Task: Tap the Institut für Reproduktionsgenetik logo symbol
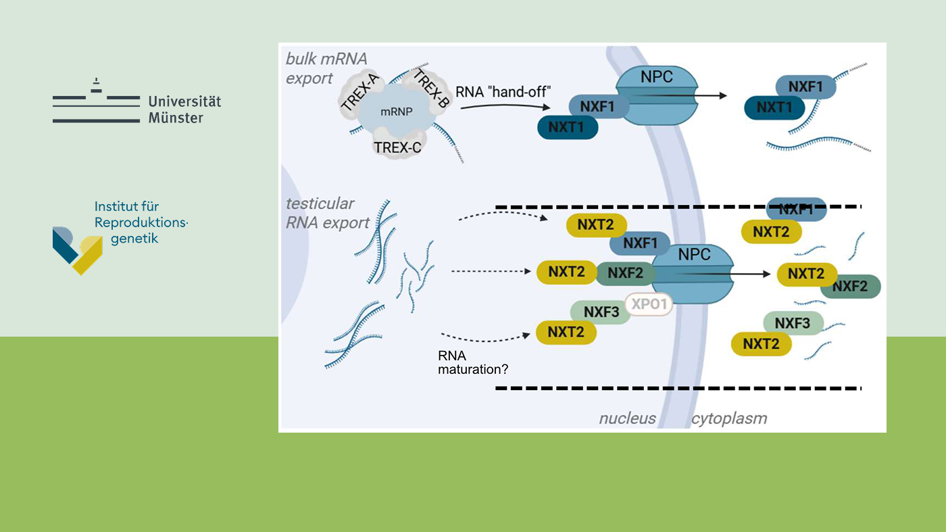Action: tap(78, 250)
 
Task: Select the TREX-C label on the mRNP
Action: tap(397, 147)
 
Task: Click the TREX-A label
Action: tap(359, 93)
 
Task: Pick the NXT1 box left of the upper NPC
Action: tap(568, 127)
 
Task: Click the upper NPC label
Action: tap(657, 77)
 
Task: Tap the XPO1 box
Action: tap(649, 304)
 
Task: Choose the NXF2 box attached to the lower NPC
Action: tap(625, 272)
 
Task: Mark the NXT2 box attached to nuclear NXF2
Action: tap(566, 272)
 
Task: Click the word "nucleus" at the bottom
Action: tap(627, 418)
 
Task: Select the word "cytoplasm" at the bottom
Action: tap(728, 418)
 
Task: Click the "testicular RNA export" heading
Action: tap(328, 213)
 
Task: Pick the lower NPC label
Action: tap(694, 255)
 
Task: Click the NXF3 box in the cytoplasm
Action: tap(792, 323)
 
